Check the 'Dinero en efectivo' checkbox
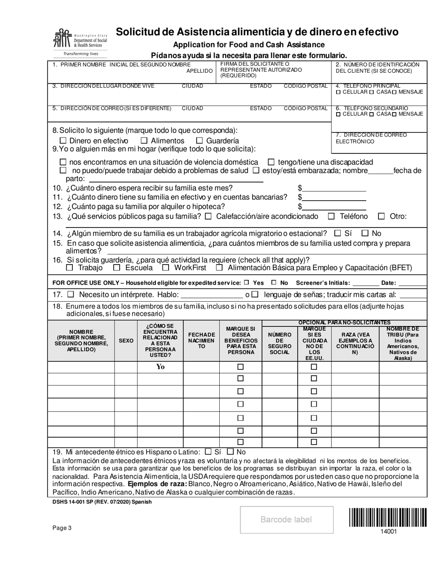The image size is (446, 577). tap(63, 141)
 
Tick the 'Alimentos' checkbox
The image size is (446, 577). tap(144, 141)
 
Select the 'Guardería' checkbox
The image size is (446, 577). tap(199, 141)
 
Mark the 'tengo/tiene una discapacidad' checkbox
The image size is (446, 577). tap(271, 162)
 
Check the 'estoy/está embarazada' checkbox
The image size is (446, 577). tap(256, 171)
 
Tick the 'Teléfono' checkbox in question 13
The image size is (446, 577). tap(331, 216)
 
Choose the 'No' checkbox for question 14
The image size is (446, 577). tap(365, 233)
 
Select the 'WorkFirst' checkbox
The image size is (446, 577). tap(165, 268)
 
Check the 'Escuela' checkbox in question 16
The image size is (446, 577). tap(117, 268)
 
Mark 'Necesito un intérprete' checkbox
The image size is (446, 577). tap(71, 295)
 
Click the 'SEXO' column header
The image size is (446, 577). tap(126, 341)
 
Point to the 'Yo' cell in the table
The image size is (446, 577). tap(160, 367)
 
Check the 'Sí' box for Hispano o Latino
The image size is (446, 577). tap(208, 452)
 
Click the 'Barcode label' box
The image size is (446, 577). tap(286, 519)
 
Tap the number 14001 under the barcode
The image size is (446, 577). tap(388, 532)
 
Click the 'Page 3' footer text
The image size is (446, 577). tap(62, 528)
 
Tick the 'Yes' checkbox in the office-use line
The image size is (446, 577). tap(246, 283)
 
